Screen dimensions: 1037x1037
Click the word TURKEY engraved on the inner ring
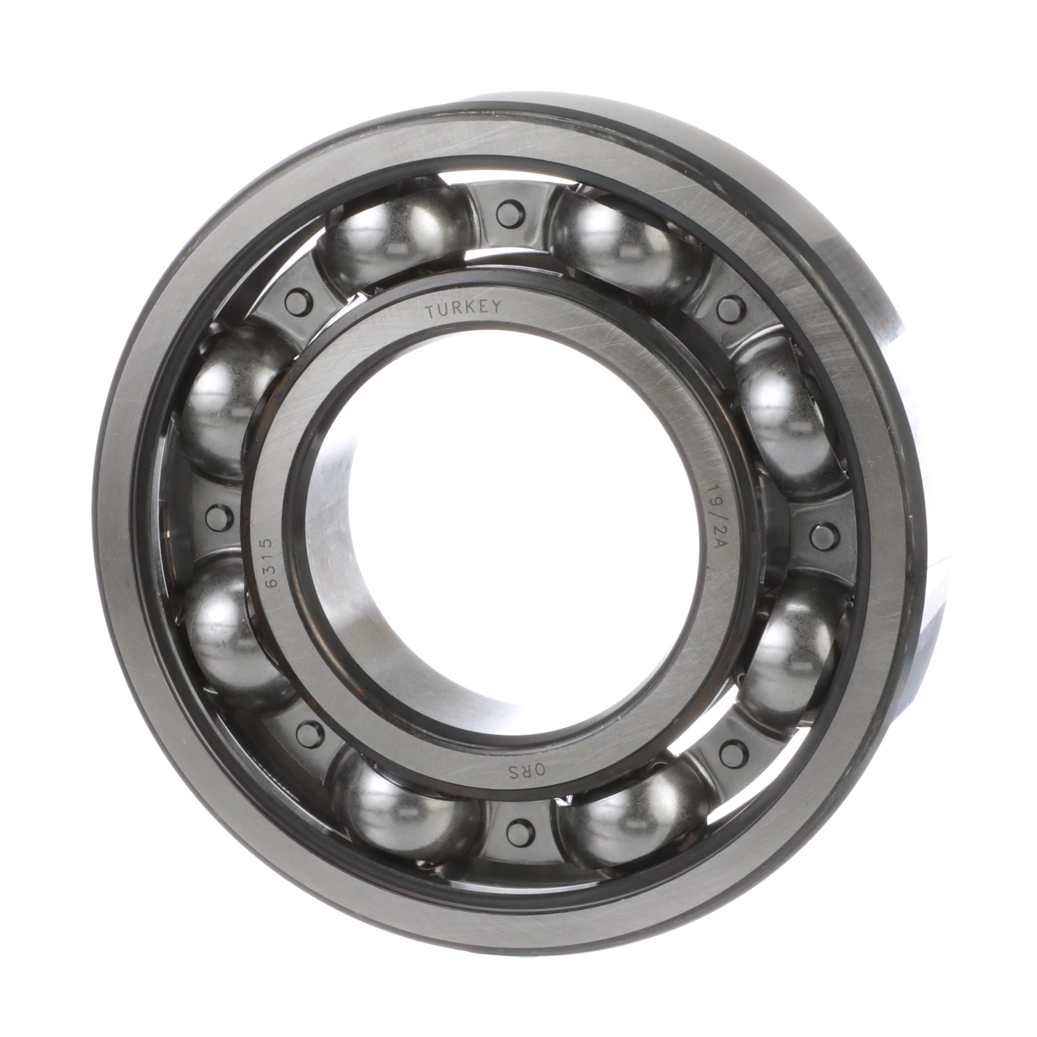464,309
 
